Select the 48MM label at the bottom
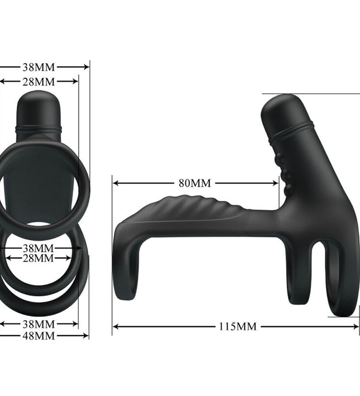click(39, 336)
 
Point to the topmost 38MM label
click(39, 67)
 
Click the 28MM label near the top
click(39, 82)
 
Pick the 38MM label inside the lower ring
click(39, 247)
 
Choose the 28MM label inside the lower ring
click(39, 258)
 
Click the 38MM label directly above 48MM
click(39, 324)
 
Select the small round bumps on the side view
click(286, 173)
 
